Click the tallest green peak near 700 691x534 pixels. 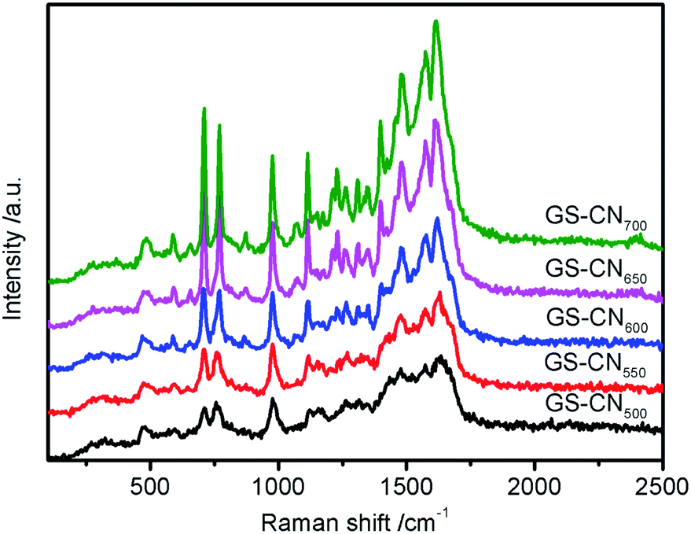(x=204, y=109)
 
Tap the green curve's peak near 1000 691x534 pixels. (x=273, y=157)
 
